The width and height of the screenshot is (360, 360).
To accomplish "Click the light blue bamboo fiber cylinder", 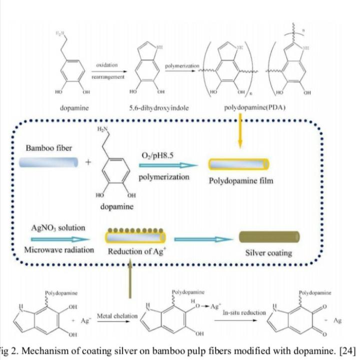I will coord(49,163).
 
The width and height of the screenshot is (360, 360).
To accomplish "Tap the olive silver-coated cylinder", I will coord(269,237).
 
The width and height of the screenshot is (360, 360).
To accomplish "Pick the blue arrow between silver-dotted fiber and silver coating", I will coord(203,239).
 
